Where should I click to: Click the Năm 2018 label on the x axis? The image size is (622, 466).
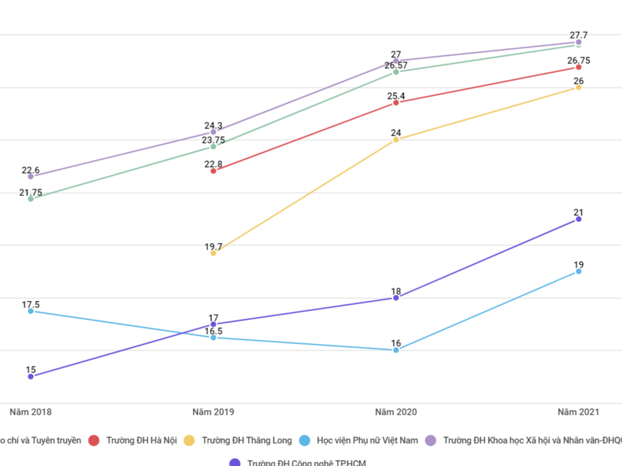click(x=30, y=412)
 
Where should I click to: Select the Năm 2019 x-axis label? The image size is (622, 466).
click(x=214, y=412)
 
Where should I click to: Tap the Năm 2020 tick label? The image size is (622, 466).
click(x=396, y=412)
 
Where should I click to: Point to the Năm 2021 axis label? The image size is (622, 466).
click(x=578, y=412)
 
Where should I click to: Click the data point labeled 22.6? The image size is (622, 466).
click(x=31, y=177)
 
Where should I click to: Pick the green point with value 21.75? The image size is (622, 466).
click(x=31, y=198)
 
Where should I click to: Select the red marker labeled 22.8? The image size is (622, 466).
click(x=214, y=171)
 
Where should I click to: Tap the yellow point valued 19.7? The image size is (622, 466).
click(x=214, y=253)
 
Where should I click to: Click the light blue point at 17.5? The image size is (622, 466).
click(x=31, y=311)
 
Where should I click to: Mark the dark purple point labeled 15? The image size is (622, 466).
click(x=31, y=377)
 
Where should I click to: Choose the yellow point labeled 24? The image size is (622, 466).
click(x=396, y=140)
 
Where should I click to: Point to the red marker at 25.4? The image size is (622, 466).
click(x=396, y=102)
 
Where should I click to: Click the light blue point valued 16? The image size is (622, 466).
click(x=396, y=350)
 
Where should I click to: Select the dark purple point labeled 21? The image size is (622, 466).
click(x=579, y=219)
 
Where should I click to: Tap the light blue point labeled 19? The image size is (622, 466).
click(x=579, y=271)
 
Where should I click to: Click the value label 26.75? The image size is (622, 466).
click(x=579, y=60)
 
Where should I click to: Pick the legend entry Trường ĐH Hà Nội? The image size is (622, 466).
click(x=141, y=441)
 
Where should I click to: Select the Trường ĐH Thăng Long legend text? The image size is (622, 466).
click(x=247, y=441)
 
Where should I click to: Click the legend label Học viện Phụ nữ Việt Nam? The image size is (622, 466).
click(x=367, y=441)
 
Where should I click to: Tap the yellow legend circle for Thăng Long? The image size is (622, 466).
click(x=189, y=441)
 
